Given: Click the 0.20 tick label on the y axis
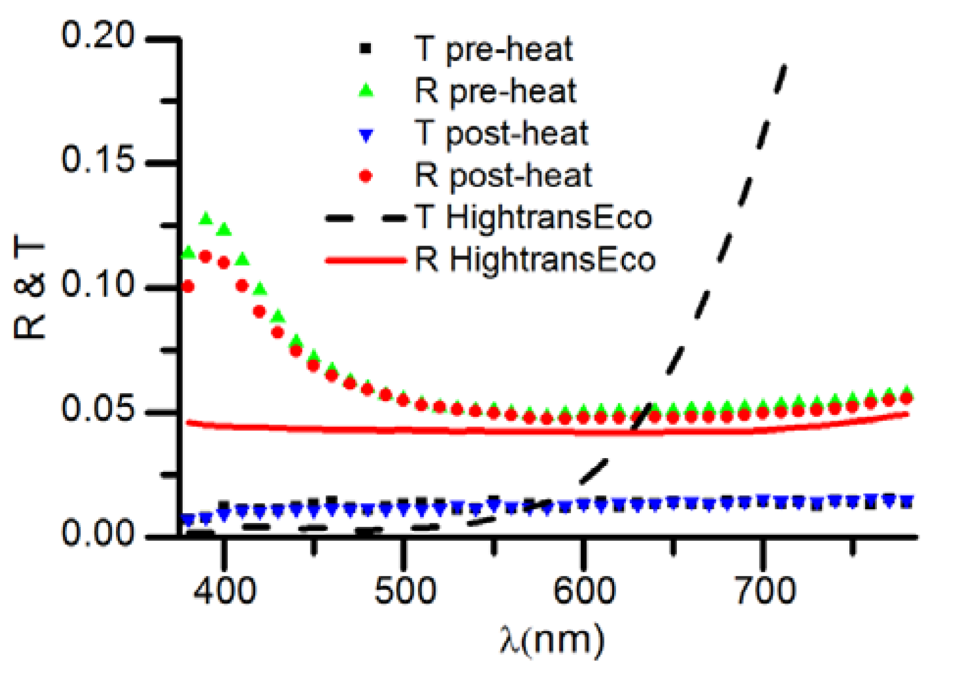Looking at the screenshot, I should tap(97, 35).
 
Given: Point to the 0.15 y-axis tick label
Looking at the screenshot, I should tap(97, 160).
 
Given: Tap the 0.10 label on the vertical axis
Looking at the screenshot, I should tap(97, 285).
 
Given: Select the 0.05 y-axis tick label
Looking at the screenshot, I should tap(97, 409).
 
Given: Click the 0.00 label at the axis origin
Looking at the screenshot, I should tap(97, 533).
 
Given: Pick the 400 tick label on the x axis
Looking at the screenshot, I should tap(224, 591).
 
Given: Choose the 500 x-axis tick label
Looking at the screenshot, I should tap(404, 591).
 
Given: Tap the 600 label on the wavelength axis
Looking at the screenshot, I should tap(584, 591).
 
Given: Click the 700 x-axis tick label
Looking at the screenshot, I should tap(764, 591).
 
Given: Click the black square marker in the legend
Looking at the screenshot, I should tap(365, 49).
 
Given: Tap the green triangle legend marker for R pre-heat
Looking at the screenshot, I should tap(366, 91).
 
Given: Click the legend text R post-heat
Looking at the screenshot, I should tap(503, 175).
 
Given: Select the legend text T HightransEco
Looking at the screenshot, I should tap(533, 218).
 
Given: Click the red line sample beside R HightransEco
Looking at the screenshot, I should tap(366, 260).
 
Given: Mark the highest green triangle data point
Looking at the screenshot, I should tap(206, 219).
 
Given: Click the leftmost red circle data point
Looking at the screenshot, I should tap(188, 286).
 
